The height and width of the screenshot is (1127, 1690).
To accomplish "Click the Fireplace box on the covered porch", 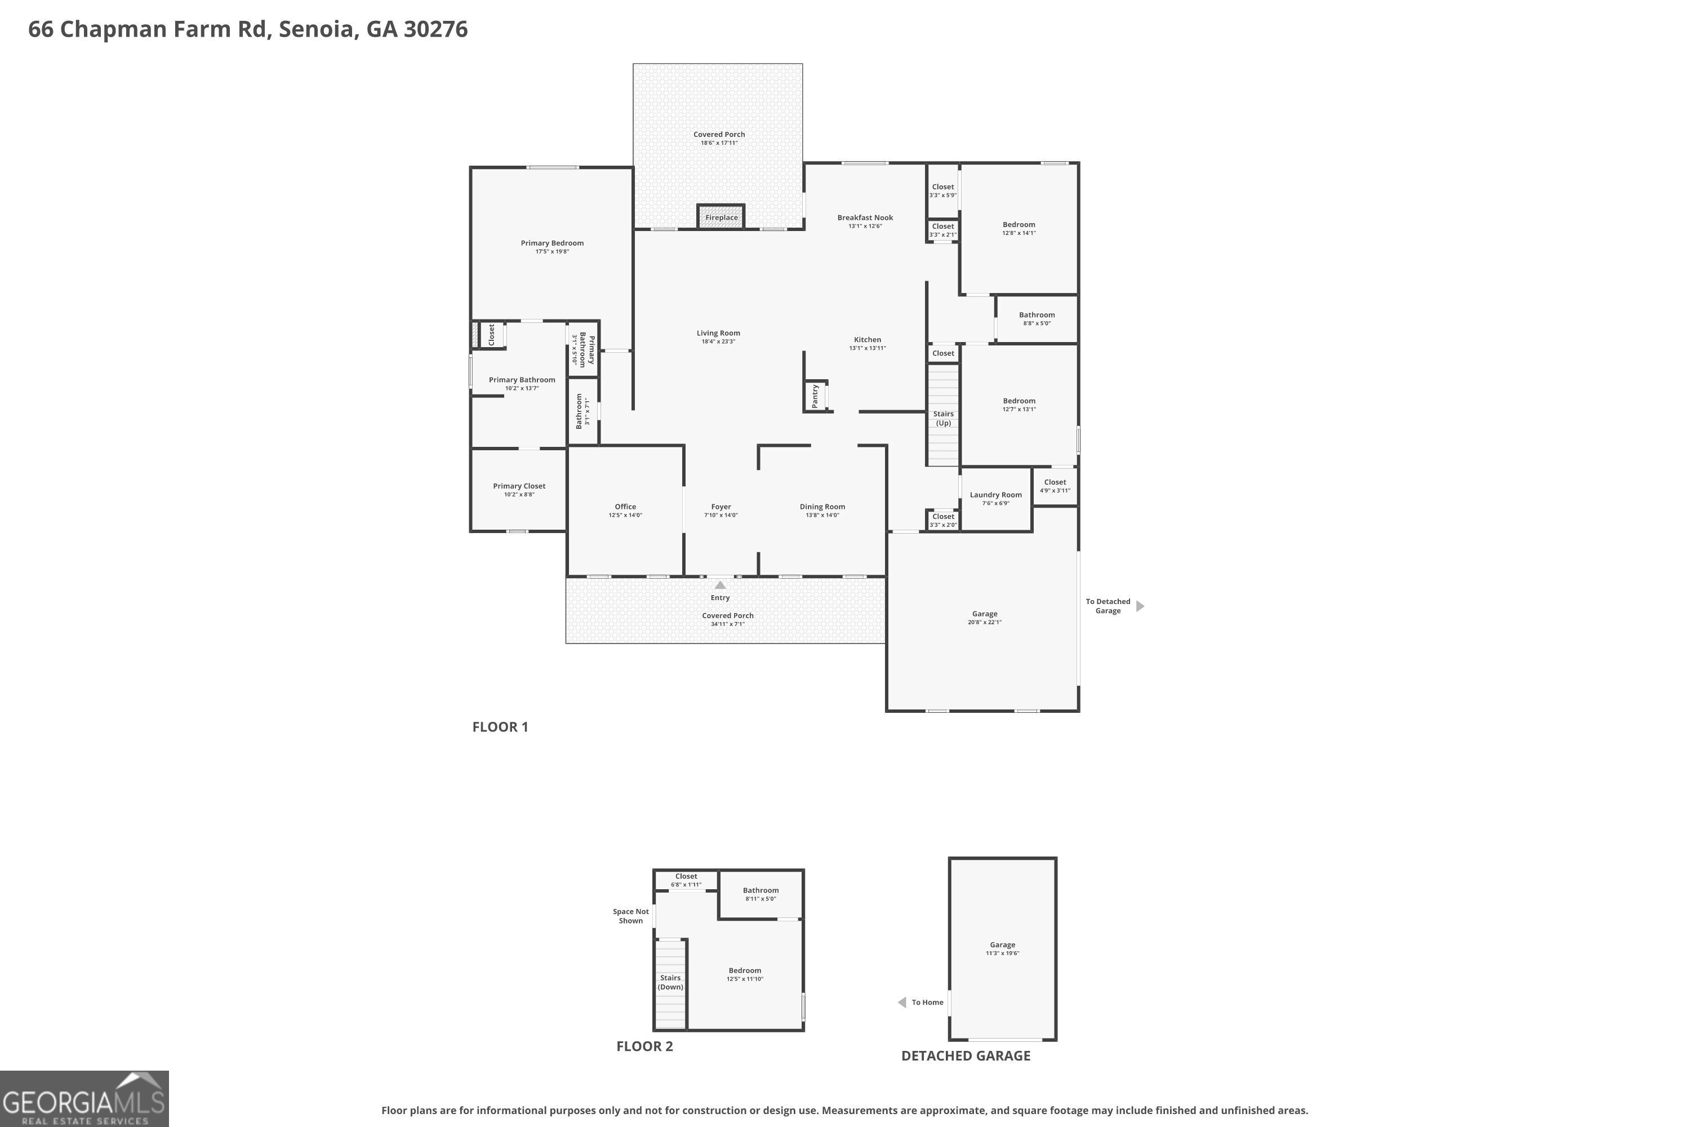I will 721,217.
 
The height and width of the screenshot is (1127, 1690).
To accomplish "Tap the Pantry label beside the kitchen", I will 815,396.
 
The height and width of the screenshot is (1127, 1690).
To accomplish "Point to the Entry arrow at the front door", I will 720,585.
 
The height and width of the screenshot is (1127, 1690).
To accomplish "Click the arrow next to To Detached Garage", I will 1140,606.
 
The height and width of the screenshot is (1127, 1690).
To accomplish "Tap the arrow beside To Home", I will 902,1002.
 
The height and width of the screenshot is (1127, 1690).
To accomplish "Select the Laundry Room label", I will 995,495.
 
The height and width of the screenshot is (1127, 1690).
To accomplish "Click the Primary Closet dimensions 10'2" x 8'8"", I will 519,495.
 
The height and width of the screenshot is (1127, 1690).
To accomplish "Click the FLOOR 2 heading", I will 644,1046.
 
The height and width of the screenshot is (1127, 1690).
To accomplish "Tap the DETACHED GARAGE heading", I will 965,1055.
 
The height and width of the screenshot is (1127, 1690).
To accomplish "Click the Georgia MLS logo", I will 84,1099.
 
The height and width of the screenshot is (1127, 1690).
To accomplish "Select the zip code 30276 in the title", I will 435,29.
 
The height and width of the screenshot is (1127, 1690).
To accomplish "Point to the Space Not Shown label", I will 630,916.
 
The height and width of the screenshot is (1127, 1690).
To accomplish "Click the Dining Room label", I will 822,507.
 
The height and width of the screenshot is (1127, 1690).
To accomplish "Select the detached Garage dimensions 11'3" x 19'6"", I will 1002,953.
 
